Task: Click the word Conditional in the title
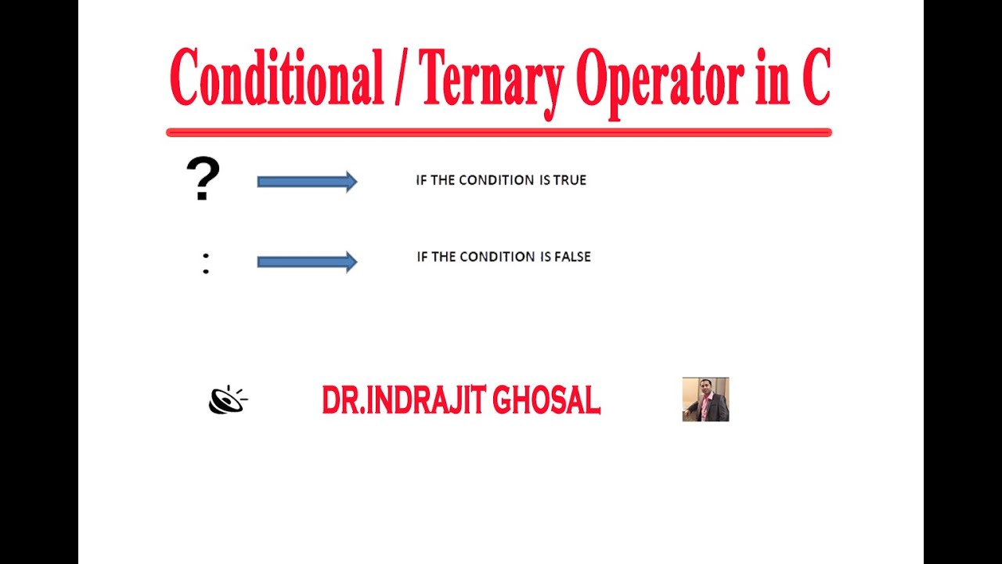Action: click(x=276, y=79)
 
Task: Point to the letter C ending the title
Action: click(x=815, y=79)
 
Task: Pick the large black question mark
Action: click(x=203, y=179)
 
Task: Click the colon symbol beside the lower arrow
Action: click(x=205, y=263)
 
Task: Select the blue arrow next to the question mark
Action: click(x=307, y=182)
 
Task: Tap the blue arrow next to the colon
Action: click(x=307, y=262)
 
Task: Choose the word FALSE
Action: click(x=574, y=257)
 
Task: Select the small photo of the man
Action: click(x=705, y=399)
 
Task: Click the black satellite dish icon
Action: click(x=227, y=399)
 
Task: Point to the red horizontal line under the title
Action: click(x=499, y=132)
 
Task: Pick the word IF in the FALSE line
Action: click(x=423, y=257)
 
